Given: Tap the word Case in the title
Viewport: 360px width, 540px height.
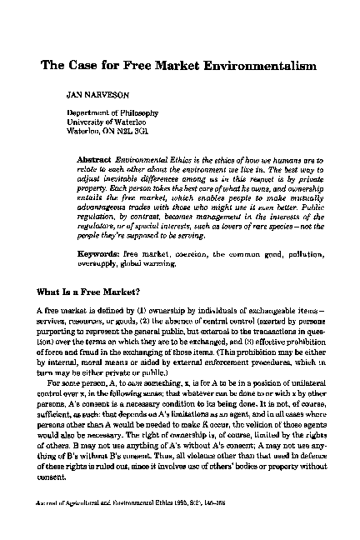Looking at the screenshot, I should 86,65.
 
